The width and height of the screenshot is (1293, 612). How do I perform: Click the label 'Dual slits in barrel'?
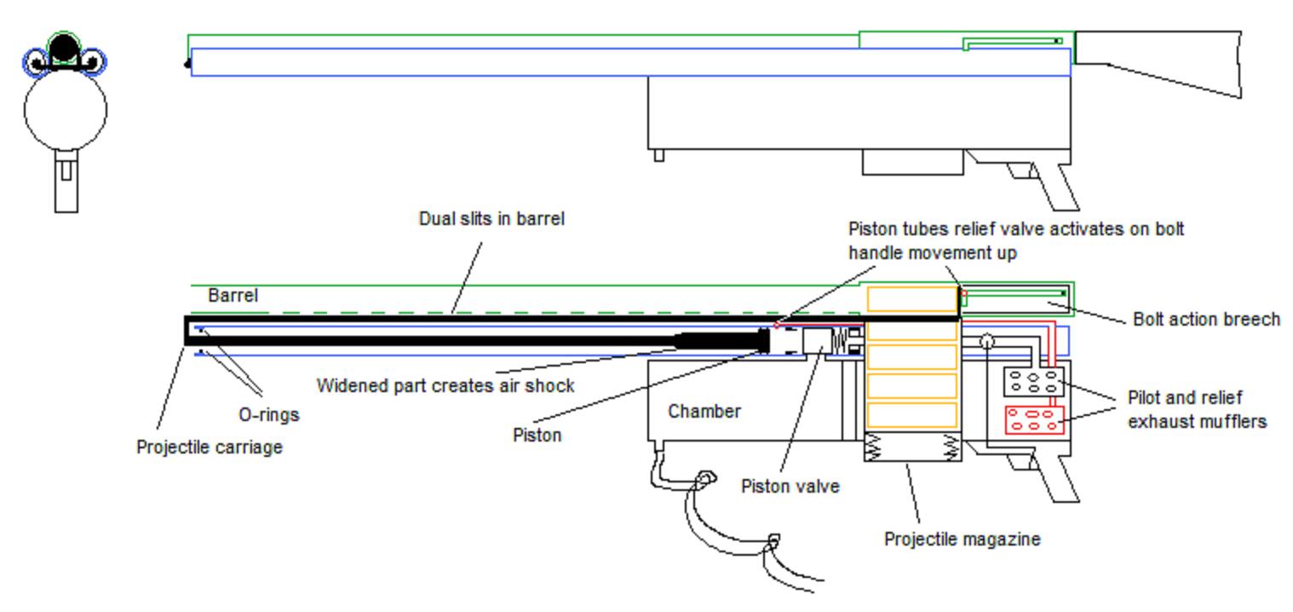click(491, 218)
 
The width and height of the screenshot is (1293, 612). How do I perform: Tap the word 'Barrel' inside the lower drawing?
click(233, 295)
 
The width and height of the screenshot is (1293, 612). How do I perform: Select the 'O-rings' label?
click(269, 415)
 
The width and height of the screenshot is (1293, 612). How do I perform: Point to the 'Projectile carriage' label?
click(209, 447)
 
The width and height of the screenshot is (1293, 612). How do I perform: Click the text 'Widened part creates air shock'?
click(445, 385)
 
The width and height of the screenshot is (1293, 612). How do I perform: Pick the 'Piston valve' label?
click(790, 486)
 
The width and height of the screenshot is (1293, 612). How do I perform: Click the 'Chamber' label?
click(704, 411)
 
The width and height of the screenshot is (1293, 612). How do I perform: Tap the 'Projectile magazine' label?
click(963, 540)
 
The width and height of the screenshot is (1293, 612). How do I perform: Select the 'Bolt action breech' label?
click(1206, 319)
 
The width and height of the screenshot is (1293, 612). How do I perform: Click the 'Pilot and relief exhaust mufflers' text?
click(1198, 409)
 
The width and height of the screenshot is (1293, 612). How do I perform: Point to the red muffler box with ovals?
click(1034, 420)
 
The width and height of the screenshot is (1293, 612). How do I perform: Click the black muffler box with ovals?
click(1033, 382)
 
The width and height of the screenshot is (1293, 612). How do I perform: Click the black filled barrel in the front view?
click(64, 49)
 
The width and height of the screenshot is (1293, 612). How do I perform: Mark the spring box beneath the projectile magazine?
click(912, 446)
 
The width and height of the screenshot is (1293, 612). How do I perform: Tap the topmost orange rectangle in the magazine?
click(911, 299)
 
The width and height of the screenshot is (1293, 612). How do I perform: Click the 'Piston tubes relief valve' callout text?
click(1016, 240)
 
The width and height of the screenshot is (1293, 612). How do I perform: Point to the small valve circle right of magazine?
click(987, 342)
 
